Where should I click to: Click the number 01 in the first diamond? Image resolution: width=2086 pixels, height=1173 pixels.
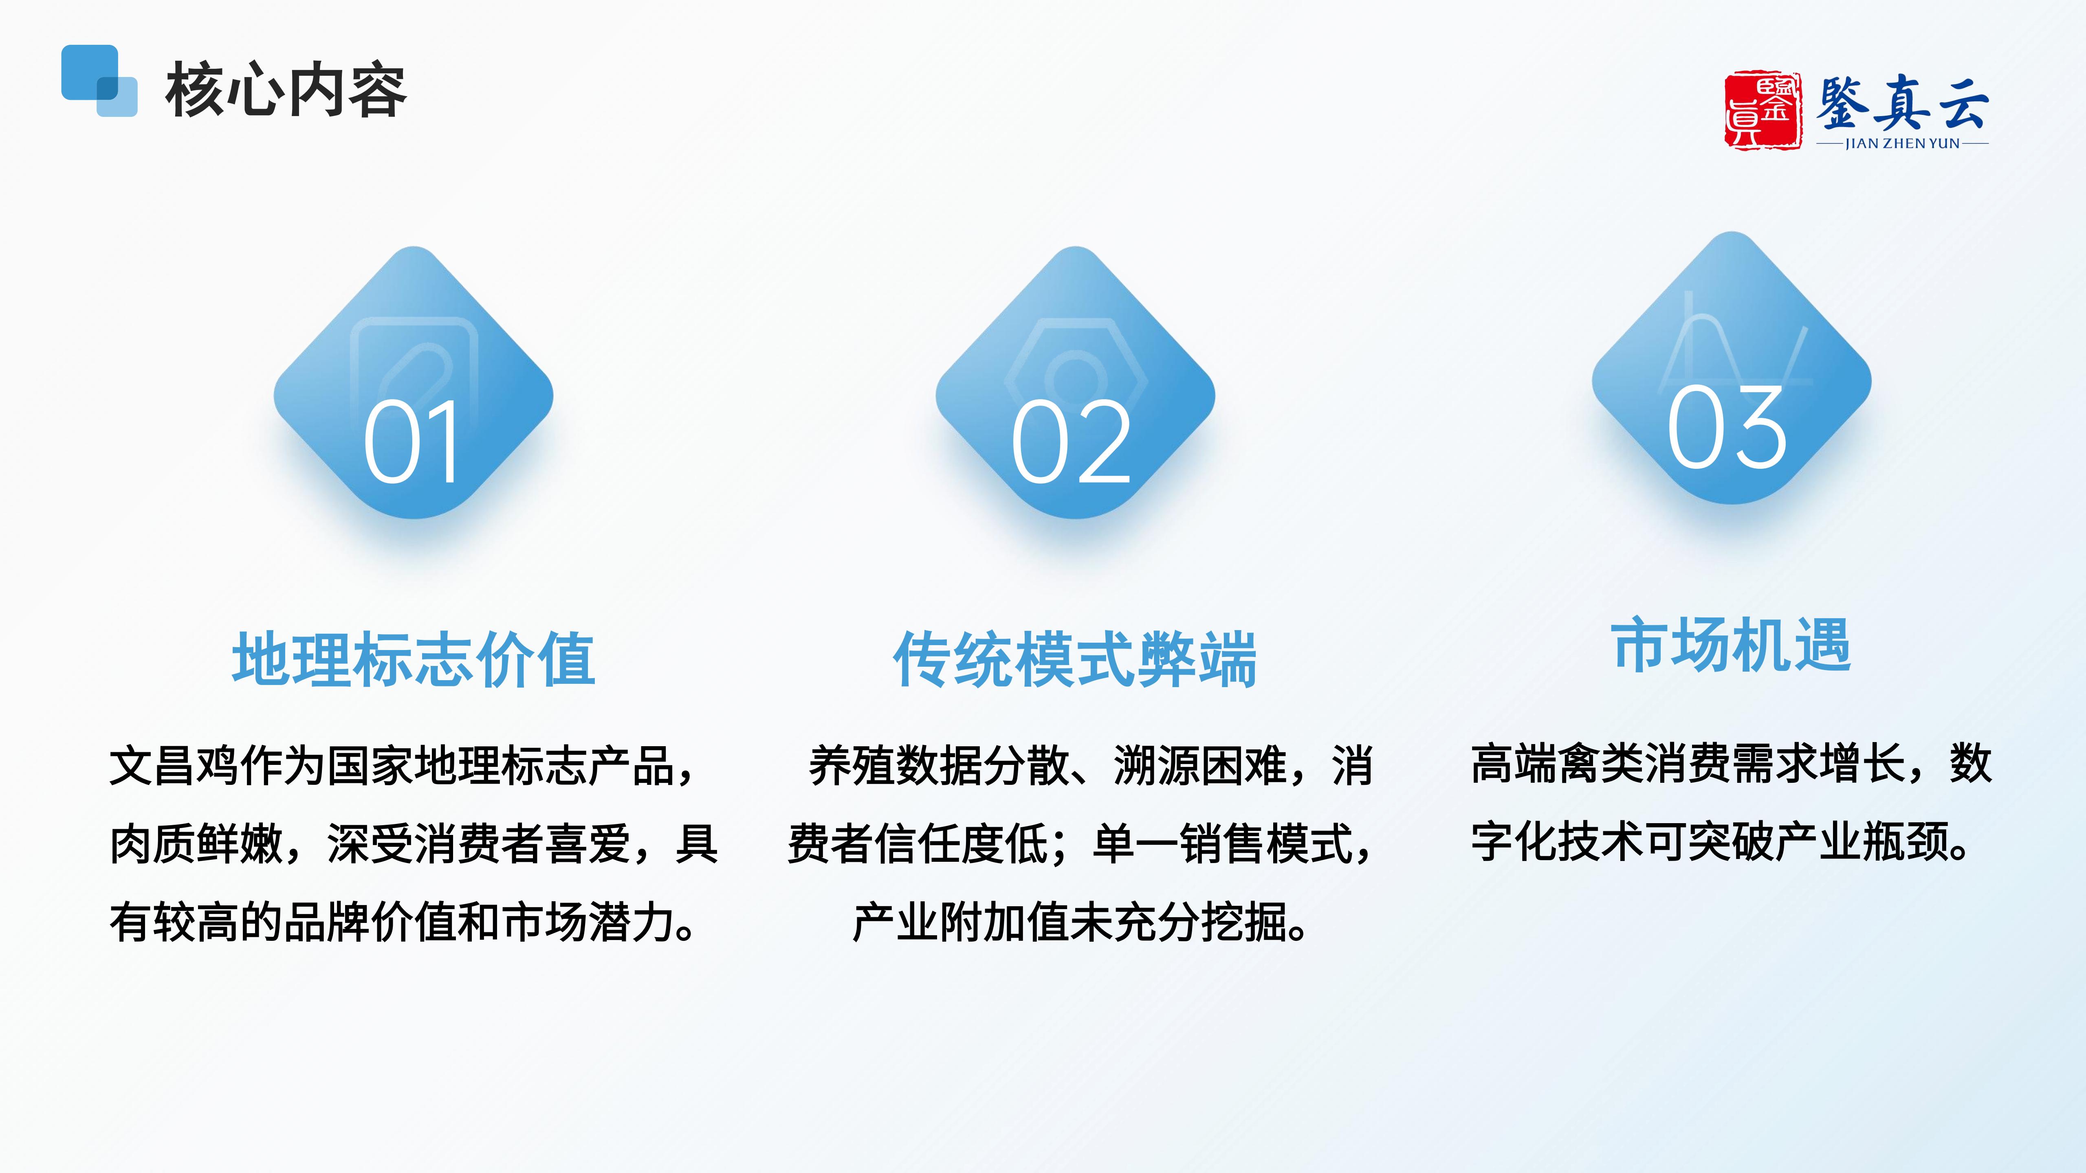pyautogui.click(x=413, y=442)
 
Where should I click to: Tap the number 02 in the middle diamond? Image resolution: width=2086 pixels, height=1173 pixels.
pyautogui.click(x=1072, y=442)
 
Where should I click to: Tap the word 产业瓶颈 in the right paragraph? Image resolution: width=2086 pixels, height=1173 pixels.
pyautogui.click(x=1862, y=842)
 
